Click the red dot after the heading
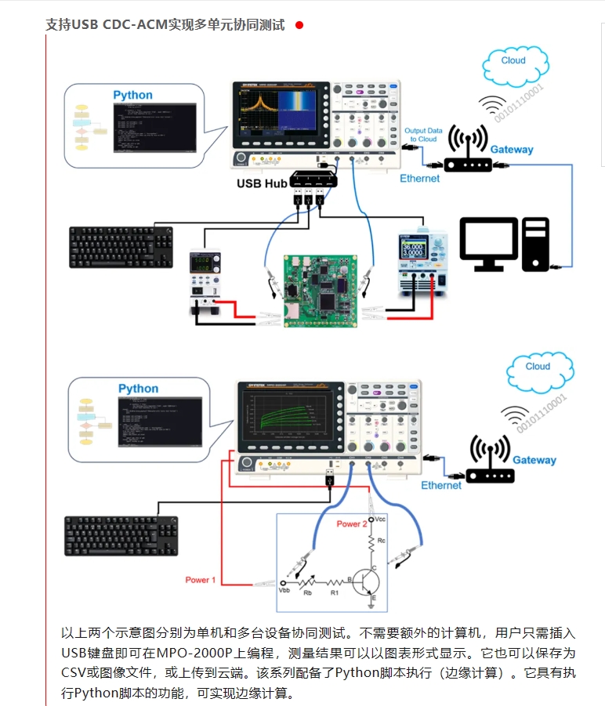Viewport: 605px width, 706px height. (299, 25)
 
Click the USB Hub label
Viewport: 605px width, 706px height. (262, 183)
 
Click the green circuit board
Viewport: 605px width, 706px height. (319, 289)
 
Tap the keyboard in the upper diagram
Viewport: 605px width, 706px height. (121, 247)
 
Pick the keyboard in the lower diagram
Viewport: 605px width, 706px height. (121, 536)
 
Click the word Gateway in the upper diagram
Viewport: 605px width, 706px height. (512, 150)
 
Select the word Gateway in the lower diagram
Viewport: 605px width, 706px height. (534, 460)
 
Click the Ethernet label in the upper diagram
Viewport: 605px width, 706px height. (420, 179)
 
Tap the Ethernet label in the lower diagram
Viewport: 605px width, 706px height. (441, 486)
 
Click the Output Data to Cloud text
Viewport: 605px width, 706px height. (423, 135)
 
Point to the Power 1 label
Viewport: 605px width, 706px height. (200, 580)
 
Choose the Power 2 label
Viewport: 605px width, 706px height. (352, 523)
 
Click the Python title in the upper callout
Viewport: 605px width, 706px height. (132, 95)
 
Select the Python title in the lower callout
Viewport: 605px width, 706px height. (138, 389)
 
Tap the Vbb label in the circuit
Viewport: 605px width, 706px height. (284, 590)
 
